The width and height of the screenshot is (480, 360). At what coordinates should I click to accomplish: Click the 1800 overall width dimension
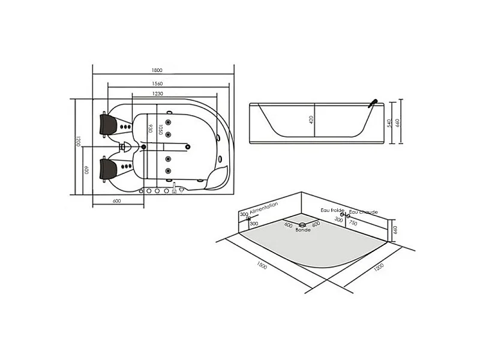coord(157,70)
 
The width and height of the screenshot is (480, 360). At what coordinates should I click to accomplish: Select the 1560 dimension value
coord(157,83)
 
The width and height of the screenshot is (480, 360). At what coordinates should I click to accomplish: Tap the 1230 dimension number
coord(158,94)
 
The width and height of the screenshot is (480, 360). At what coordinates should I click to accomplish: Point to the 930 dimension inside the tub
coord(151,128)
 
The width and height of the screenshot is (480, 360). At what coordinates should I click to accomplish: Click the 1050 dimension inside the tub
coord(160,130)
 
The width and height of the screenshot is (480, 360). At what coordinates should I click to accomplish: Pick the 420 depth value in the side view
coord(311,119)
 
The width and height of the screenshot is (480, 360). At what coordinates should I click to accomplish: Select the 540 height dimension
coord(389,124)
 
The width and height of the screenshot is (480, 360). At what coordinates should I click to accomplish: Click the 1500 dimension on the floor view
coord(262,265)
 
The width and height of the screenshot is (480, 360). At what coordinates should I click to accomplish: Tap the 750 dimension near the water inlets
coord(353,223)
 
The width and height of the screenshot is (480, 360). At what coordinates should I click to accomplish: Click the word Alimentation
coord(264,208)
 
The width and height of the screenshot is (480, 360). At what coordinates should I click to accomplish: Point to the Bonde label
coord(303,230)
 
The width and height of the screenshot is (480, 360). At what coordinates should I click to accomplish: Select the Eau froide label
coord(332,211)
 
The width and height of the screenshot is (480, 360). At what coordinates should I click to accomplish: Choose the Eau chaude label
coord(364,212)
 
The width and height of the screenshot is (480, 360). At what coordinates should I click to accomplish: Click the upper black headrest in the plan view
coord(108,124)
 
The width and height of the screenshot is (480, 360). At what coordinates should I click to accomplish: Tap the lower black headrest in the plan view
coord(108,169)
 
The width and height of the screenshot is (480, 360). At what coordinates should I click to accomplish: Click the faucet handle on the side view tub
coord(373,103)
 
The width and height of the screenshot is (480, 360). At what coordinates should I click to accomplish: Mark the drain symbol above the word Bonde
coord(302,225)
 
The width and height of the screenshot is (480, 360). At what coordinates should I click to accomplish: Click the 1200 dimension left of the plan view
coord(78,141)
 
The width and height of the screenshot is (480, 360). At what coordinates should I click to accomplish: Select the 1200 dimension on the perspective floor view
coord(379,267)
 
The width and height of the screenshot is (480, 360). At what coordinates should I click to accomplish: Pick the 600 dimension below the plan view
coord(116,201)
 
